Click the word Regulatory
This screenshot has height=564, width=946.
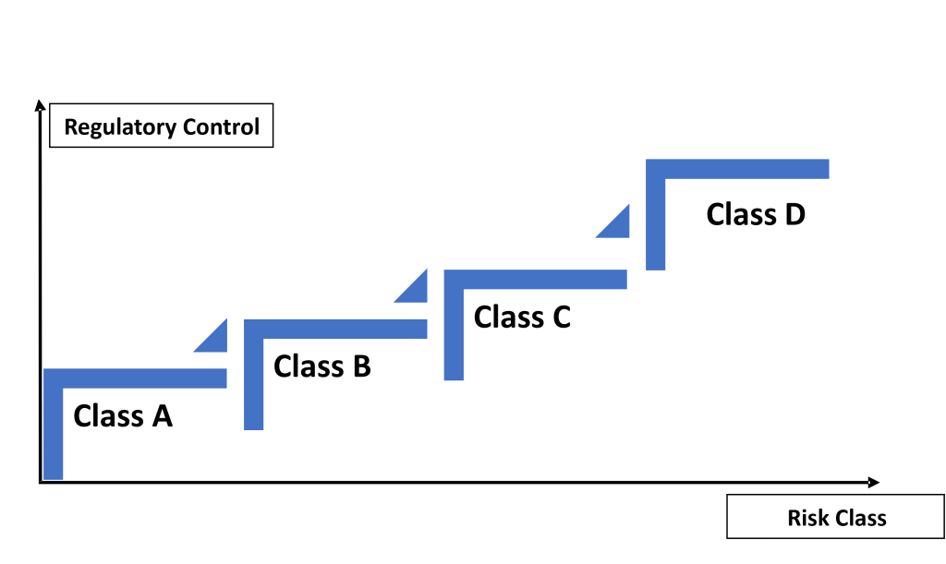(118, 127)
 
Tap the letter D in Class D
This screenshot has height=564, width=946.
(794, 214)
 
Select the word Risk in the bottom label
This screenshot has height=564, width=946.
(807, 518)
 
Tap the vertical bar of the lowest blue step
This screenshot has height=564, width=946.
(54, 434)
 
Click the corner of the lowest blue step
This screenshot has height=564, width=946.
(54, 378)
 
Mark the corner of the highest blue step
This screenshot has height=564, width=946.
(656, 169)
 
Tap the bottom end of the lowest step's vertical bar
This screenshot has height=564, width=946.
(54, 475)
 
